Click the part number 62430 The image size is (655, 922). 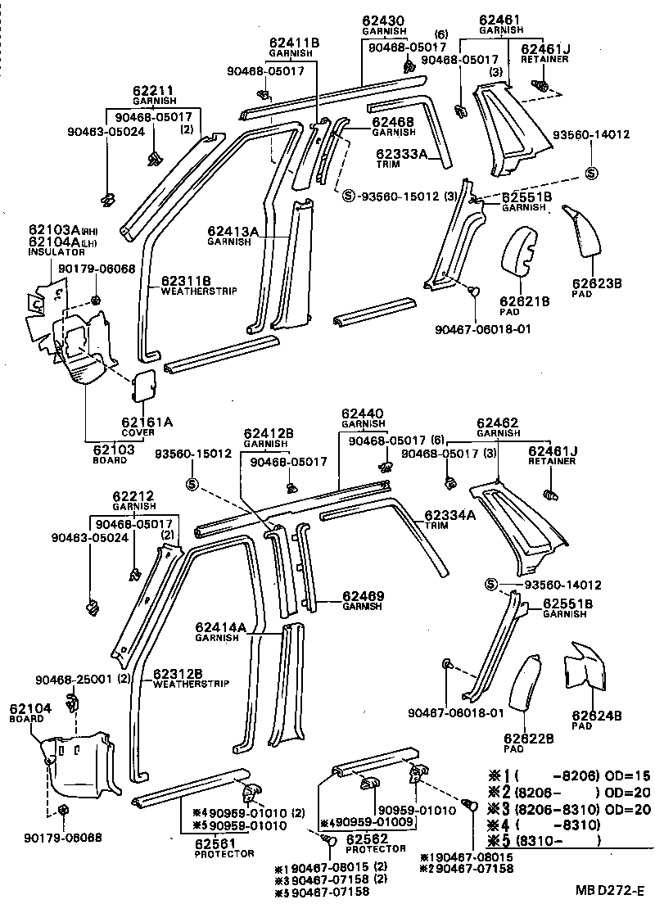coord(378,20)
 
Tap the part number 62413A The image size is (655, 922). coord(233,232)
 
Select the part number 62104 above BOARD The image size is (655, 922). coord(26,707)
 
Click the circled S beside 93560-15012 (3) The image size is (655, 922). coord(347,196)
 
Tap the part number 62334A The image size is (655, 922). coord(449,515)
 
